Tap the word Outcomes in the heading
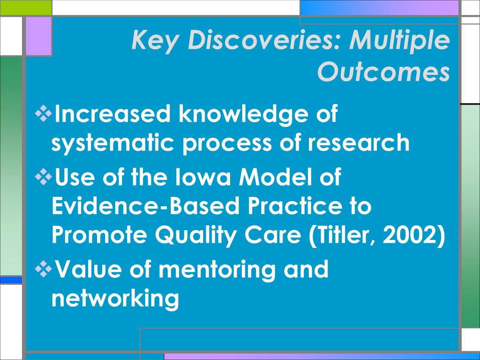[383, 72]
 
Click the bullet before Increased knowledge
[44, 113]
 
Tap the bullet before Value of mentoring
[44, 269]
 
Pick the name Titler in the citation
[345, 235]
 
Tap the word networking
[115, 298]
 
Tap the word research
[358, 142]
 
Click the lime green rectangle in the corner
[26, 7]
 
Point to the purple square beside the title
[38, 36]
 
